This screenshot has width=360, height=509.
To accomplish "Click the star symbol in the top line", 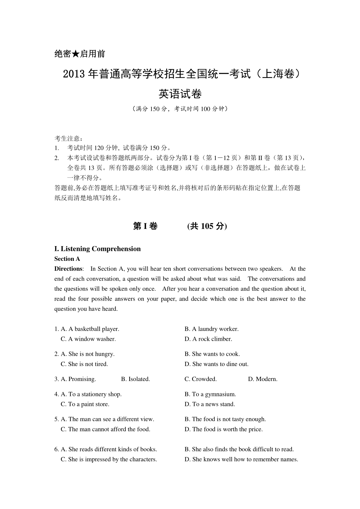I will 76,54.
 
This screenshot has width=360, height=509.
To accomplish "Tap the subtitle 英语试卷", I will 180,94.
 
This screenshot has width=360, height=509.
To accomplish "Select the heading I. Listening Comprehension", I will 97,249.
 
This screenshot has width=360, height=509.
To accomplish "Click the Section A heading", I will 67,259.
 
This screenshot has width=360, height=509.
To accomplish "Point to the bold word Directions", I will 68,269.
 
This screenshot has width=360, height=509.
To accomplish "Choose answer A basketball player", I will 90,329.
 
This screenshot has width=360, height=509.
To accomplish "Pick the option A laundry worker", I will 211,329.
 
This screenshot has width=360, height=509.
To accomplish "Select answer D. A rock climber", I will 208,339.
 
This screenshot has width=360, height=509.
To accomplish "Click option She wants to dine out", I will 217,364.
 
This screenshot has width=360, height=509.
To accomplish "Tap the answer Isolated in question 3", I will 136,379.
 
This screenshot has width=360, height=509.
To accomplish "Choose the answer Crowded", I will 201,379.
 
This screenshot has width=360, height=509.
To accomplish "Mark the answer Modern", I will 263,379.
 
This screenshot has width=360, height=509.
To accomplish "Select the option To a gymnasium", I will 210,394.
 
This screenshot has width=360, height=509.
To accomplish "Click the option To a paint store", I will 85,404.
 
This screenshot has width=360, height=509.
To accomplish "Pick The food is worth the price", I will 224,429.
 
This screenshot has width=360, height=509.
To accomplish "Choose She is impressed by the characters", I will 109,459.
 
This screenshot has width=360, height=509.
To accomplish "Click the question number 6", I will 56,449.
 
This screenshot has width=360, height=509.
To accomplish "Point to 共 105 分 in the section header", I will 207,226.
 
